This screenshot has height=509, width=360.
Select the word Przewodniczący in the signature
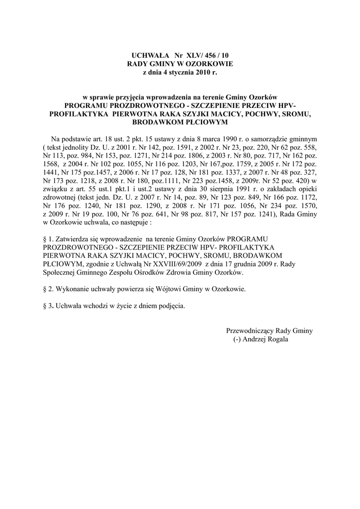251,331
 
